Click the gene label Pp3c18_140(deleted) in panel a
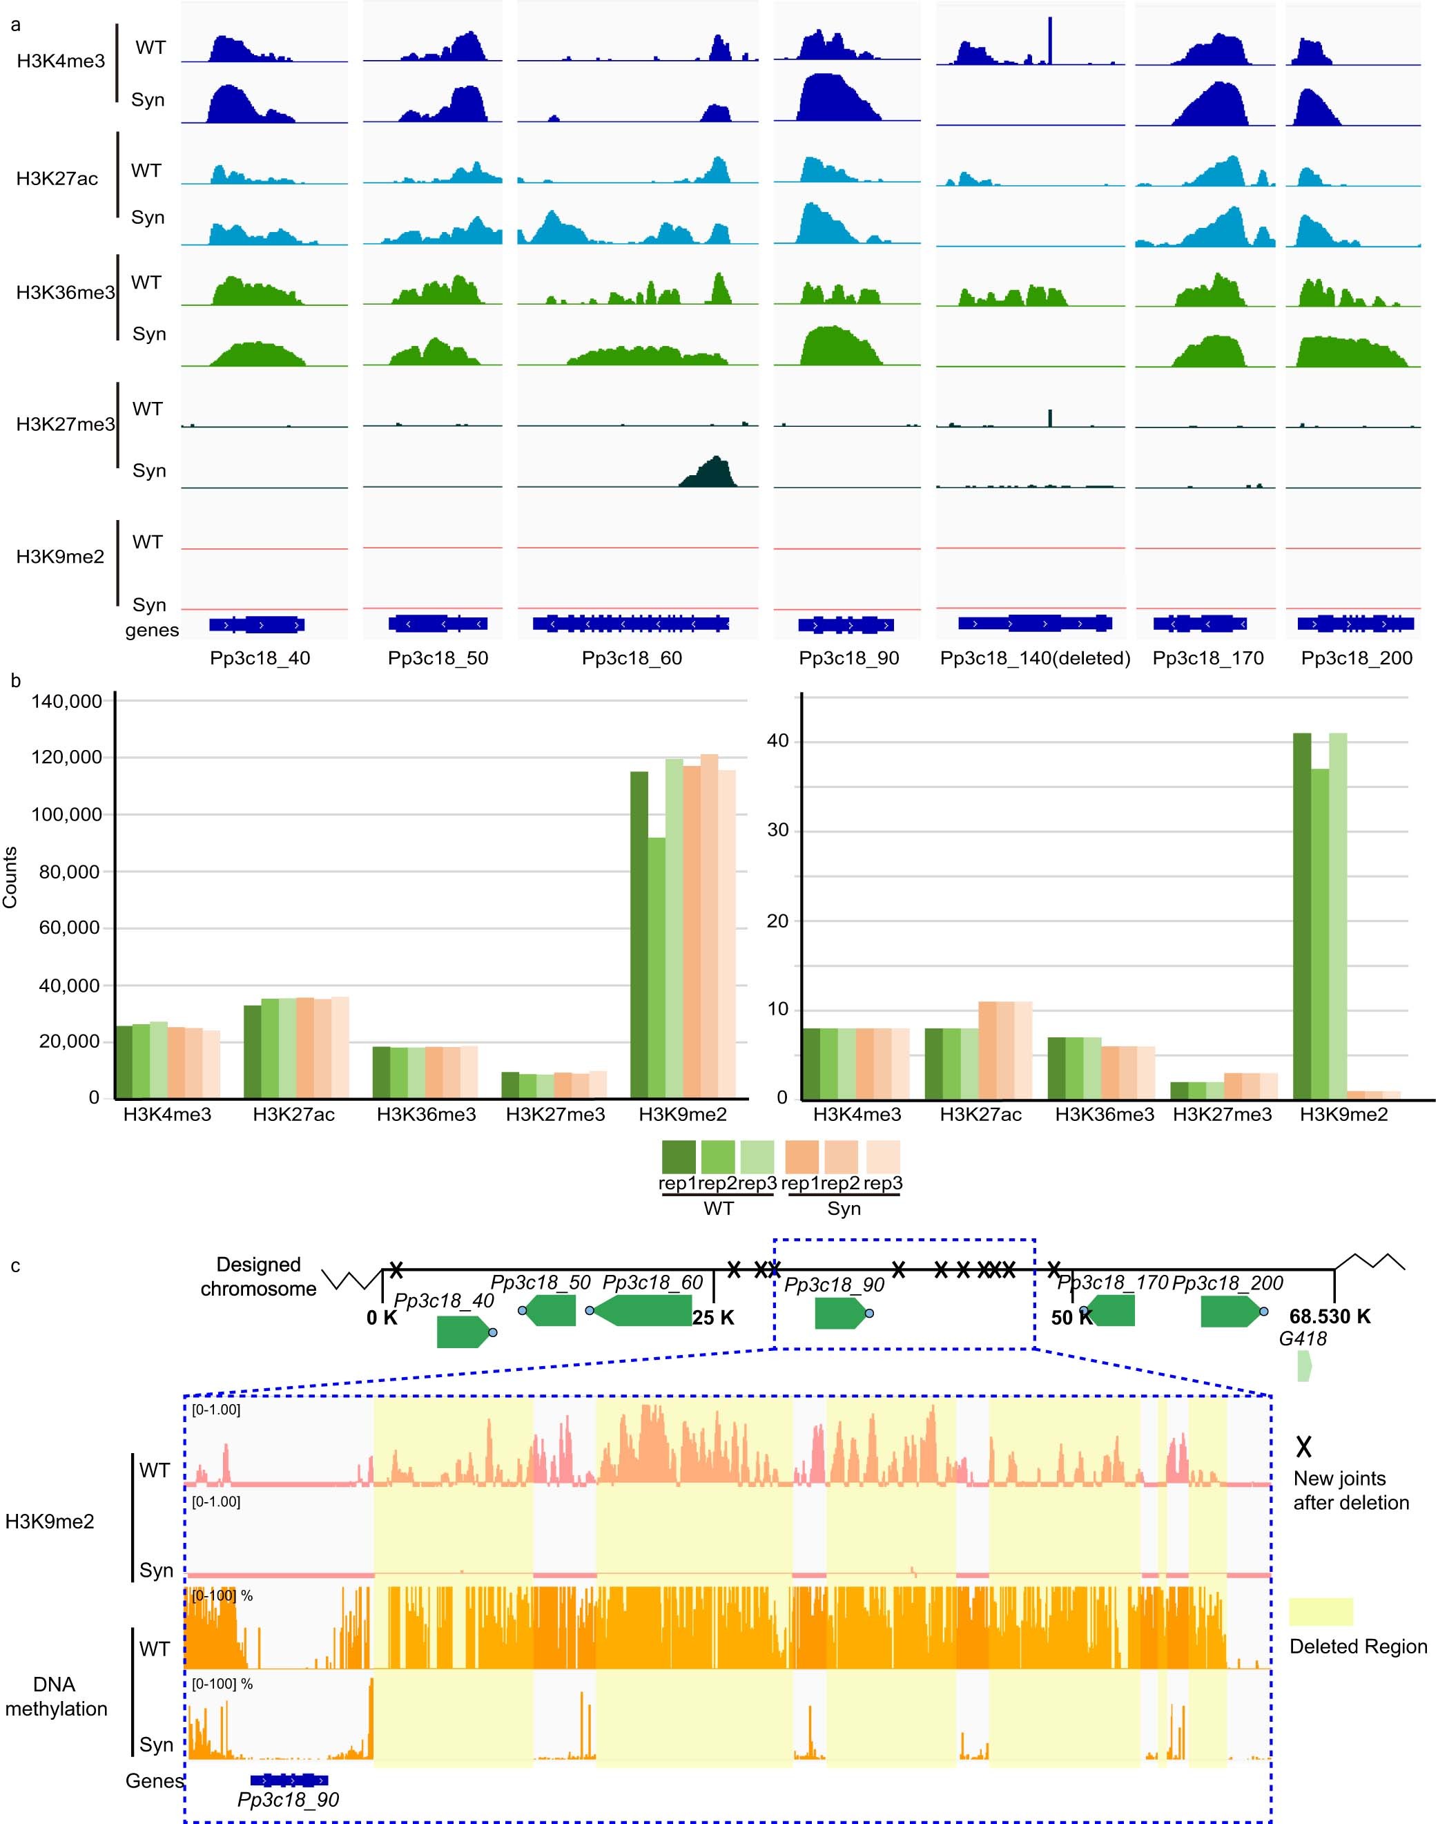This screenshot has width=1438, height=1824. pyautogui.click(x=1035, y=658)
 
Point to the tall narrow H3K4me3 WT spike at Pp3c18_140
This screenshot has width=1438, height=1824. pyautogui.click(x=1050, y=41)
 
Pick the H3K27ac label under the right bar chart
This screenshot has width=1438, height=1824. pyautogui.click(x=980, y=1114)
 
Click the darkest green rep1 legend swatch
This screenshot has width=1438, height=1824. pyautogui.click(x=679, y=1156)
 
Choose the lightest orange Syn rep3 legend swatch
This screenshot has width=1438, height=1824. pyautogui.click(x=882, y=1156)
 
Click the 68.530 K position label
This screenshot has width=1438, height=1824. pyautogui.click(x=1330, y=1316)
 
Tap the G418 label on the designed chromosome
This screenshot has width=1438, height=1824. pyautogui.click(x=1303, y=1338)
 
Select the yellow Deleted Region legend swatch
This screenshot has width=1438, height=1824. pyautogui.click(x=1320, y=1611)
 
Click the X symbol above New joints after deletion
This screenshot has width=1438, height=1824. pyautogui.click(x=1303, y=1448)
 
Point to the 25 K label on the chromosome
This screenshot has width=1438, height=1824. pyautogui.click(x=713, y=1317)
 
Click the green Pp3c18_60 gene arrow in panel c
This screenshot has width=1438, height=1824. pyautogui.click(x=644, y=1310)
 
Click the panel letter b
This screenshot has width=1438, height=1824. pyautogui.click(x=15, y=680)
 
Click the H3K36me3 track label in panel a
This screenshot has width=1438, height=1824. pyautogui.click(x=65, y=292)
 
